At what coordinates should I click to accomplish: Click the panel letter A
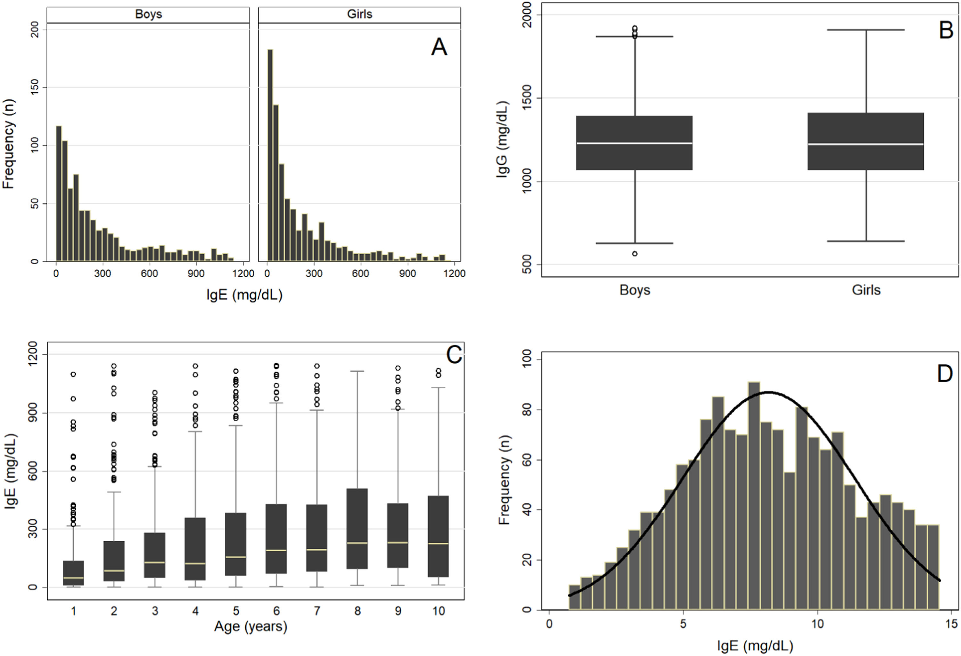439,47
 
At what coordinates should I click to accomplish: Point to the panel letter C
454,355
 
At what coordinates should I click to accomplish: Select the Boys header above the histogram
148,14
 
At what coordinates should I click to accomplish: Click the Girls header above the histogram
359,14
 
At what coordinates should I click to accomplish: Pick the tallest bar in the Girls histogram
270,155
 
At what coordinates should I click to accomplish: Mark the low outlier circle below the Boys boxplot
634,253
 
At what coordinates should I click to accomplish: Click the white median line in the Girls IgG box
866,144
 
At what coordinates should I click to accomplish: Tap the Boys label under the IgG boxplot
635,290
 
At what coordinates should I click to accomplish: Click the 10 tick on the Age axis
438,611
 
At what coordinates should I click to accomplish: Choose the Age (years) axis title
250,627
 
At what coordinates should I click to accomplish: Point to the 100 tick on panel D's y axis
527,360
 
